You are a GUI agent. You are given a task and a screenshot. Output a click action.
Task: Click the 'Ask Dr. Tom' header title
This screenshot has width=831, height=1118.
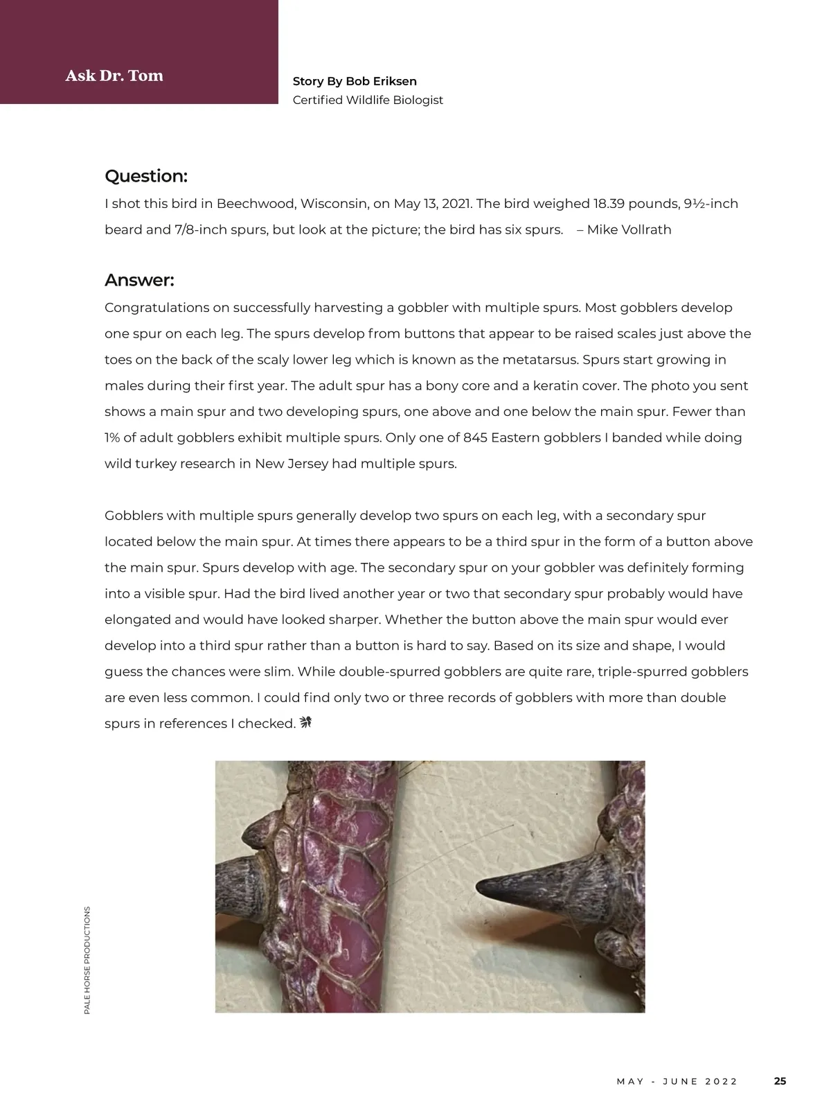(114, 76)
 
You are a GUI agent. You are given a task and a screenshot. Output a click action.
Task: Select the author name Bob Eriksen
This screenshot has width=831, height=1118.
(381, 82)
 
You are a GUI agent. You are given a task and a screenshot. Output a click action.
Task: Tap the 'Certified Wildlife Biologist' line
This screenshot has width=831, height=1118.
(368, 100)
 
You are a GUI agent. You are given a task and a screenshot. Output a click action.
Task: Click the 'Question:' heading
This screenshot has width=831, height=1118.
(146, 176)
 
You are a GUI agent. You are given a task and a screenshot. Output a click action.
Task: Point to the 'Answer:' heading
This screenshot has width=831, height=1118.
(139, 280)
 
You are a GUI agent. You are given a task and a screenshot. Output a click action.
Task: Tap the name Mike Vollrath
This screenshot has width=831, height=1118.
(629, 229)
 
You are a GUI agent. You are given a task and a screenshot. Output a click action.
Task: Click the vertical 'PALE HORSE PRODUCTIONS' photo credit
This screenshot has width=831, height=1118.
(87, 961)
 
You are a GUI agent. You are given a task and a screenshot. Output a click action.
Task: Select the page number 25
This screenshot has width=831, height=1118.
(780, 1081)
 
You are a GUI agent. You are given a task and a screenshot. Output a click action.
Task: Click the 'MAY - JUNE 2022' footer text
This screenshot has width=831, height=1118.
(677, 1081)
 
